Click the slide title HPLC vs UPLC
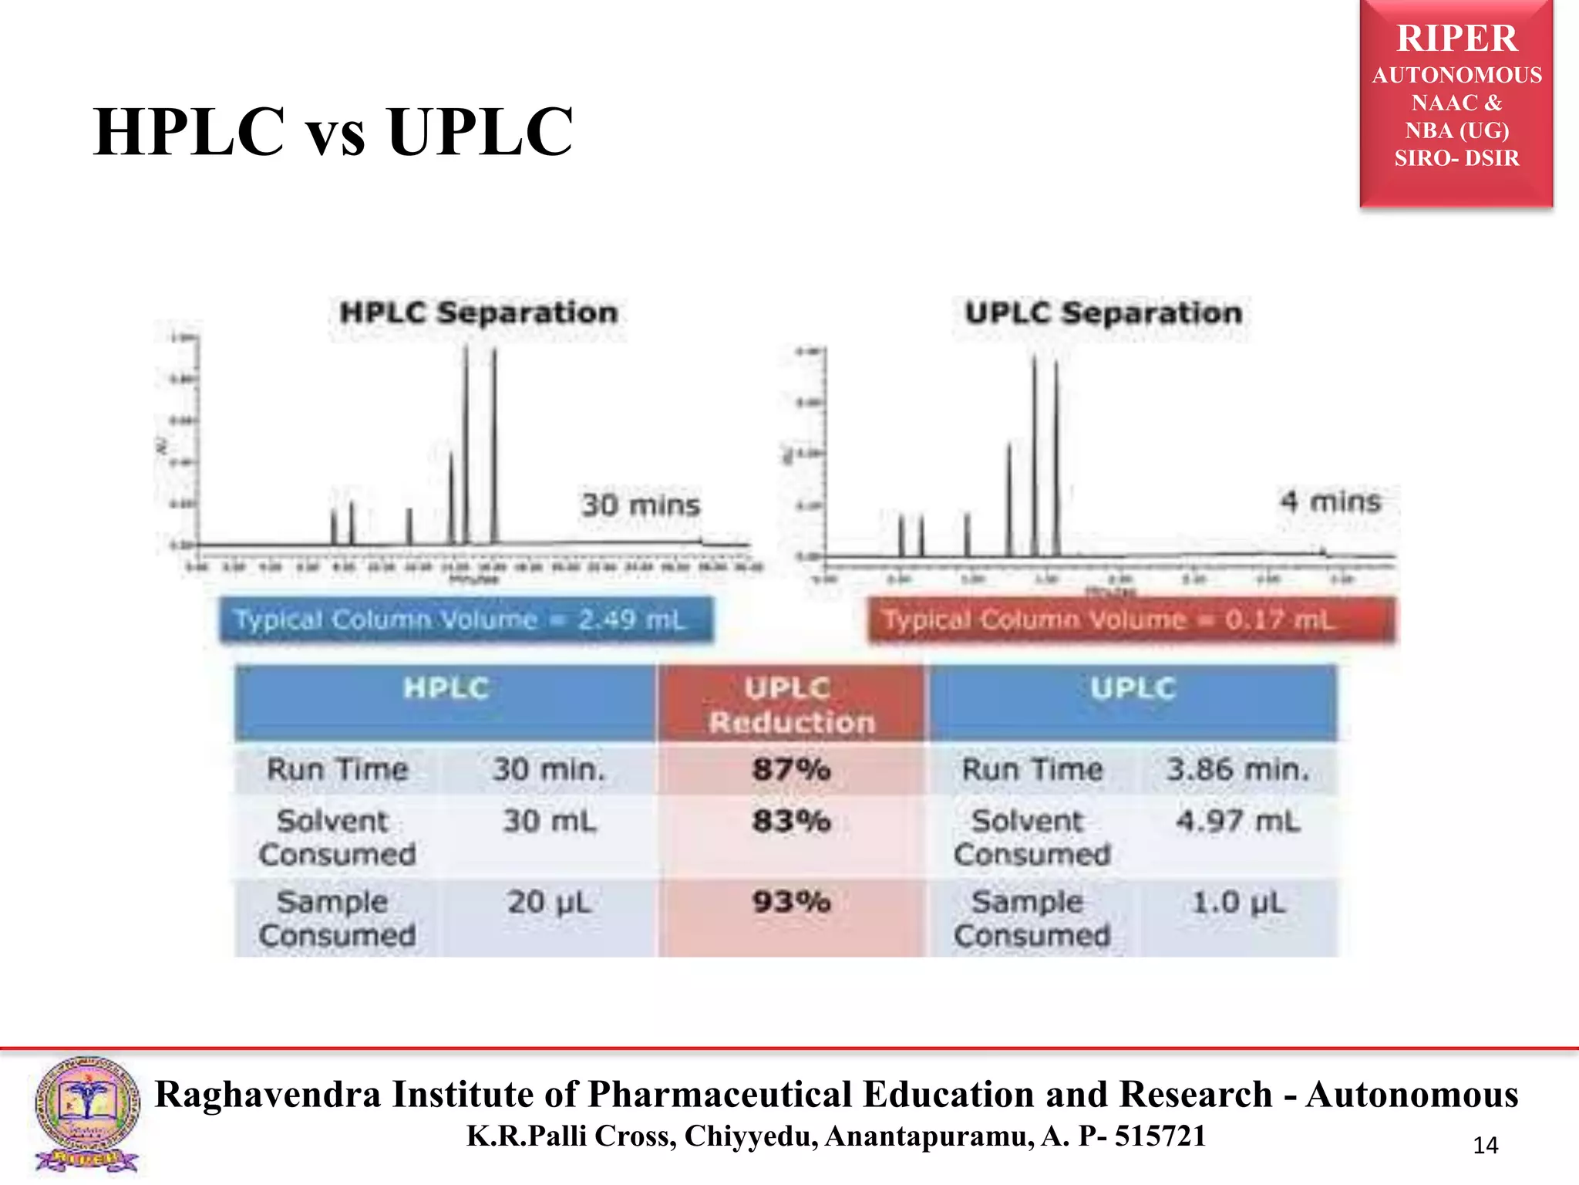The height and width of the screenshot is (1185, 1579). (x=333, y=131)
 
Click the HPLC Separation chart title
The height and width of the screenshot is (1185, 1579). (x=479, y=313)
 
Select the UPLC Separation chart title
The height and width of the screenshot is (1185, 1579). (x=1103, y=313)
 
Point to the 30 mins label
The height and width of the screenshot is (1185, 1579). (x=641, y=505)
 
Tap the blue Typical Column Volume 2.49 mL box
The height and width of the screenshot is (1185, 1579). (x=466, y=620)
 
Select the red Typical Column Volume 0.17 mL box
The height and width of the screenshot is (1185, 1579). (x=1131, y=620)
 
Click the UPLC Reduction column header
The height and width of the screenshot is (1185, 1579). (x=792, y=704)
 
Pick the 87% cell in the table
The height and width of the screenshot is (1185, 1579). (x=792, y=769)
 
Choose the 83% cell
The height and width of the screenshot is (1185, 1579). (x=792, y=821)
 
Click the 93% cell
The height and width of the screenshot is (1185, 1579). (x=792, y=901)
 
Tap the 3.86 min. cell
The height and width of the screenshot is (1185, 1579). (x=1237, y=769)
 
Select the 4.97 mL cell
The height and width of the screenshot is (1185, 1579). (x=1237, y=821)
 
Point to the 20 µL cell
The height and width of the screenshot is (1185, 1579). (x=549, y=901)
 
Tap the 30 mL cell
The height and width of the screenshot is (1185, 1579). (x=549, y=821)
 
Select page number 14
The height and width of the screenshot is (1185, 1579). (x=1485, y=1146)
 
